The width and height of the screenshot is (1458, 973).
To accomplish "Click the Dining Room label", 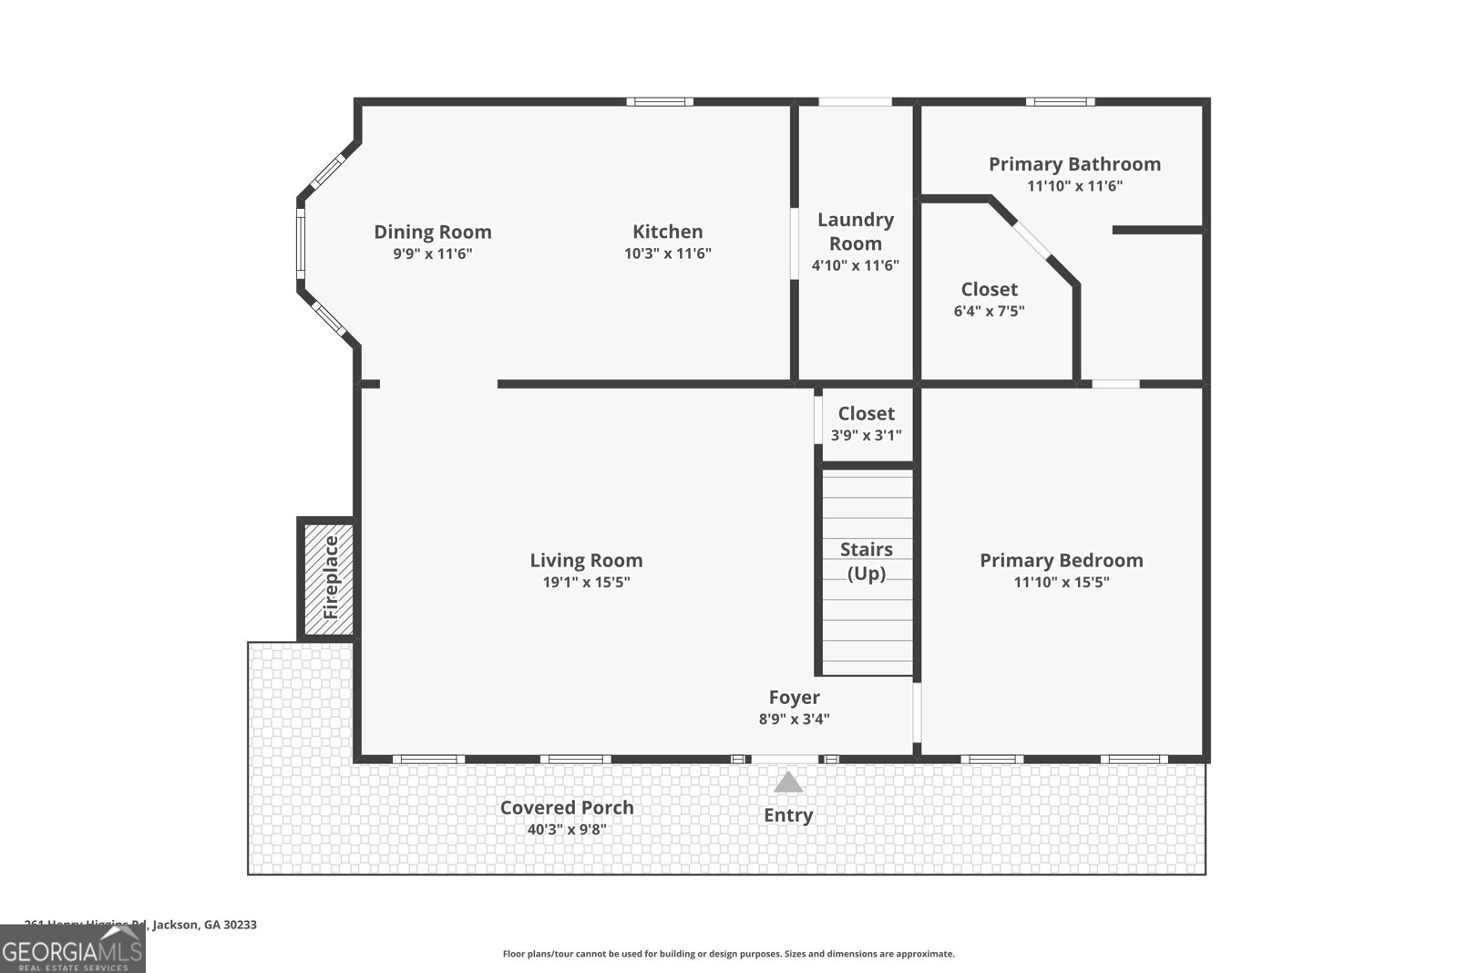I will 433,232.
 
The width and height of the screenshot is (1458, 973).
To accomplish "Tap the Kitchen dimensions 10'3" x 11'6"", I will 667,254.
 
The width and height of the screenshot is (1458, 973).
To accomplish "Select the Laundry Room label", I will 855,232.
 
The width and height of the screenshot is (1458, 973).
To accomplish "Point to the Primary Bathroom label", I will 1074,164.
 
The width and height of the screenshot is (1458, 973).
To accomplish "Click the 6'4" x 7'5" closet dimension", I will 989,311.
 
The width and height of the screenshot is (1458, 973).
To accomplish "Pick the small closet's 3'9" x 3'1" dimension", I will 866,436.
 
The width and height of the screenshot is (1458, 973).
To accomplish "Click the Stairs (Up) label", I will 866,561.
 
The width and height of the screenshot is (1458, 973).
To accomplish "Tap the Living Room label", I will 586,560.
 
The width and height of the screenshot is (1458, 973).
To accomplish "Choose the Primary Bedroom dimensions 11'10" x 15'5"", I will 1061,582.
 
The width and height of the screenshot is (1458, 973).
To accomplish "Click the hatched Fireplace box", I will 327,578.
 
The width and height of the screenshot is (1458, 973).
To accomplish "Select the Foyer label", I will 794,698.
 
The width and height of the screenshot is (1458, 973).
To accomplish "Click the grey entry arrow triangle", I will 788,782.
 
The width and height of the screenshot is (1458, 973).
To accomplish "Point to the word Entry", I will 788,815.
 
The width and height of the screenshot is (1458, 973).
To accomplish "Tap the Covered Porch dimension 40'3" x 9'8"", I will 566,830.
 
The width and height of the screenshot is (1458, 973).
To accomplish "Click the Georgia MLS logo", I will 72,949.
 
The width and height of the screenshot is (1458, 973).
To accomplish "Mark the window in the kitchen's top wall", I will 660,101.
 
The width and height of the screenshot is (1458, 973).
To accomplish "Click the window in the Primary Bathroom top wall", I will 1060,101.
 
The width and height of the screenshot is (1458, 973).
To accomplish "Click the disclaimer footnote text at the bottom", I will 728,954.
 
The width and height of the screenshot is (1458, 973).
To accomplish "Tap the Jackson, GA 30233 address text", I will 204,925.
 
